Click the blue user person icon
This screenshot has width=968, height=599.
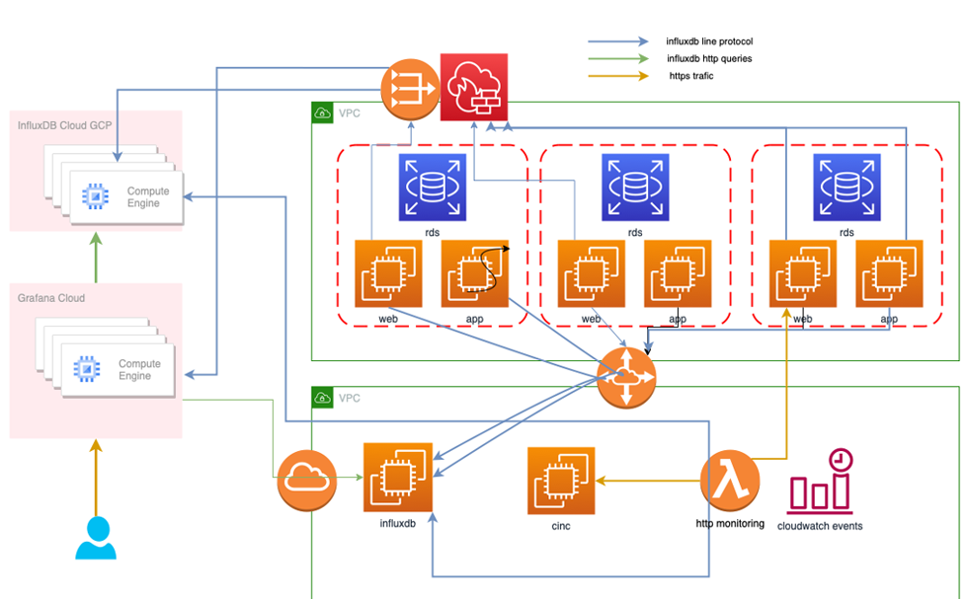pos(96,538)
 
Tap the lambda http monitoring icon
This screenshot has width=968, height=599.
pos(730,481)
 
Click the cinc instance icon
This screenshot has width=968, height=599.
pos(561,481)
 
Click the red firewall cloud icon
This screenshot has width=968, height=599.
pos(471,87)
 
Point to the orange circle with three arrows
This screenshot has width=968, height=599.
pos(409,87)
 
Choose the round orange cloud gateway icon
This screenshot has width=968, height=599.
pos(306,481)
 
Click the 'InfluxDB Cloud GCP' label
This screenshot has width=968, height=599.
pos(65,125)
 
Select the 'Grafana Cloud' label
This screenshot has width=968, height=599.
pos(51,298)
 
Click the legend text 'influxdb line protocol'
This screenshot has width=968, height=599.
pos(709,41)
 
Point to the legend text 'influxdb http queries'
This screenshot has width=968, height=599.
pos(709,58)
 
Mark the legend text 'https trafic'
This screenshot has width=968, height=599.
pos(690,75)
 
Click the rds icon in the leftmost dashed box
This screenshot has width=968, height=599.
pos(432,187)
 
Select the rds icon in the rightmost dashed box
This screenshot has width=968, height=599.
pos(846,187)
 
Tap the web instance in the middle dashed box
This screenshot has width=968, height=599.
pos(591,273)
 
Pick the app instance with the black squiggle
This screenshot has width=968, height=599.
pos(474,273)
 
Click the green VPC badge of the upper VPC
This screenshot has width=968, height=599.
pos(322,112)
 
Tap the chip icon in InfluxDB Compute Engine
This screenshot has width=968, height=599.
pos(94,196)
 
